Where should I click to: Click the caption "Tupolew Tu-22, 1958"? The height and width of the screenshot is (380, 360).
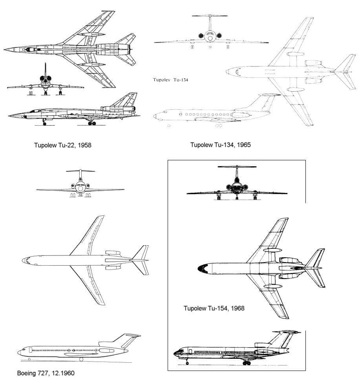coord(63,145)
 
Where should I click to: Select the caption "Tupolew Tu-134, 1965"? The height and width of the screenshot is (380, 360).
coord(220,145)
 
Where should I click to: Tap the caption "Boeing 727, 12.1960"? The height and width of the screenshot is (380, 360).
coord(46,373)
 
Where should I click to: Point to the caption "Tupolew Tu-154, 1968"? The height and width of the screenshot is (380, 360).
coord(214,308)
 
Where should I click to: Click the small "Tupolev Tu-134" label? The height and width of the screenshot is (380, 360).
coord(170,80)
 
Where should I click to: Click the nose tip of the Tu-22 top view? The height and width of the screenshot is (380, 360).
coord(4,50)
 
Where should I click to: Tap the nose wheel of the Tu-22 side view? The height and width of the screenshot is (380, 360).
coord(44,124)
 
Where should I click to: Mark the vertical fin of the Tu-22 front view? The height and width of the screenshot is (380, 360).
coord(45,70)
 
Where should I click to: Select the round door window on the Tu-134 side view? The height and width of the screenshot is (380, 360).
coord(180,114)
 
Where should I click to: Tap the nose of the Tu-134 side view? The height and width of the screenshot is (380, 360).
coord(155,116)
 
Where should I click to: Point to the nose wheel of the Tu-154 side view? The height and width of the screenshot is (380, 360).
coord(187,363)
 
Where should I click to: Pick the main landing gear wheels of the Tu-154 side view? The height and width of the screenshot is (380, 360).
coord(247,363)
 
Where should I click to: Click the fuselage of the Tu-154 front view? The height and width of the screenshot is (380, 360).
coord(237,187)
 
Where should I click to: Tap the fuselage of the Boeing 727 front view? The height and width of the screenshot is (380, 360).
coord(80,187)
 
